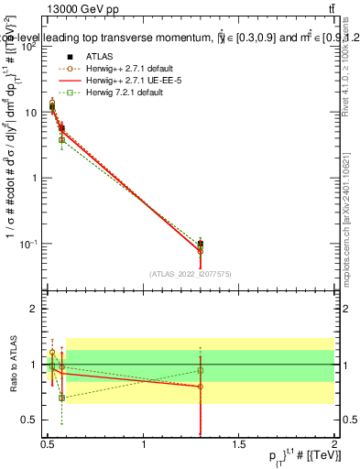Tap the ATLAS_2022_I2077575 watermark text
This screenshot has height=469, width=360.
tap(191, 273)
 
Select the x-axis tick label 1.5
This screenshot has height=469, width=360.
tap(240, 445)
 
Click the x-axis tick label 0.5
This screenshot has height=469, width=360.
tap(49, 445)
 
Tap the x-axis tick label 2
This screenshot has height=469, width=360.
tap(335, 445)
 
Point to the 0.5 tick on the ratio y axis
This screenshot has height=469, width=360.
tap(31, 420)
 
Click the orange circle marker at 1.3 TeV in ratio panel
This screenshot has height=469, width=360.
tap(201, 387)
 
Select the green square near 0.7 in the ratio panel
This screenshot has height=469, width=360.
tap(61, 398)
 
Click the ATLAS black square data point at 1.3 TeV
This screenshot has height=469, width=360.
tap(201, 245)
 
